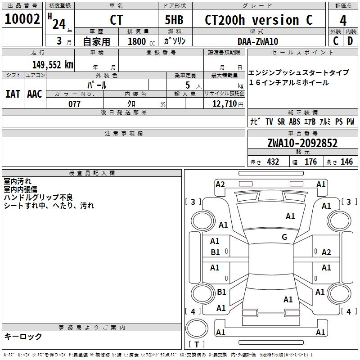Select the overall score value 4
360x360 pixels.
click(x=343, y=20)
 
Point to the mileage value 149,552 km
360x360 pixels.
click(x=53, y=65)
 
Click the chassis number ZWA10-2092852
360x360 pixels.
click(x=302, y=143)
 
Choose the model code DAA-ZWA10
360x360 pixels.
click(x=258, y=41)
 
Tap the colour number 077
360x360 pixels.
click(x=75, y=104)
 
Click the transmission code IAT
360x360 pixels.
click(x=13, y=94)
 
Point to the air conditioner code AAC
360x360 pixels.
click(x=35, y=94)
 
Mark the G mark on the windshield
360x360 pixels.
click(x=284, y=237)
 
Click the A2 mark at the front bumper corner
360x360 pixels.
click(x=220, y=184)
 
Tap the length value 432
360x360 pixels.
click(x=273, y=162)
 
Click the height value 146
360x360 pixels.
click(x=346, y=162)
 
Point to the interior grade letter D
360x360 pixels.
click(x=350, y=41)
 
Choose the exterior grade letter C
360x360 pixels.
click(x=336, y=41)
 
